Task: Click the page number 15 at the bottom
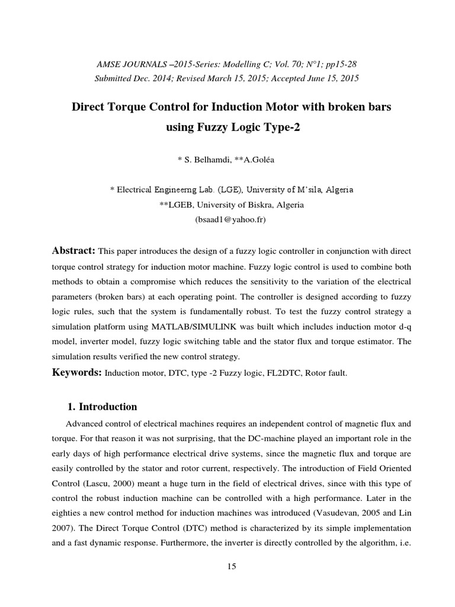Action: pos(232,567)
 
